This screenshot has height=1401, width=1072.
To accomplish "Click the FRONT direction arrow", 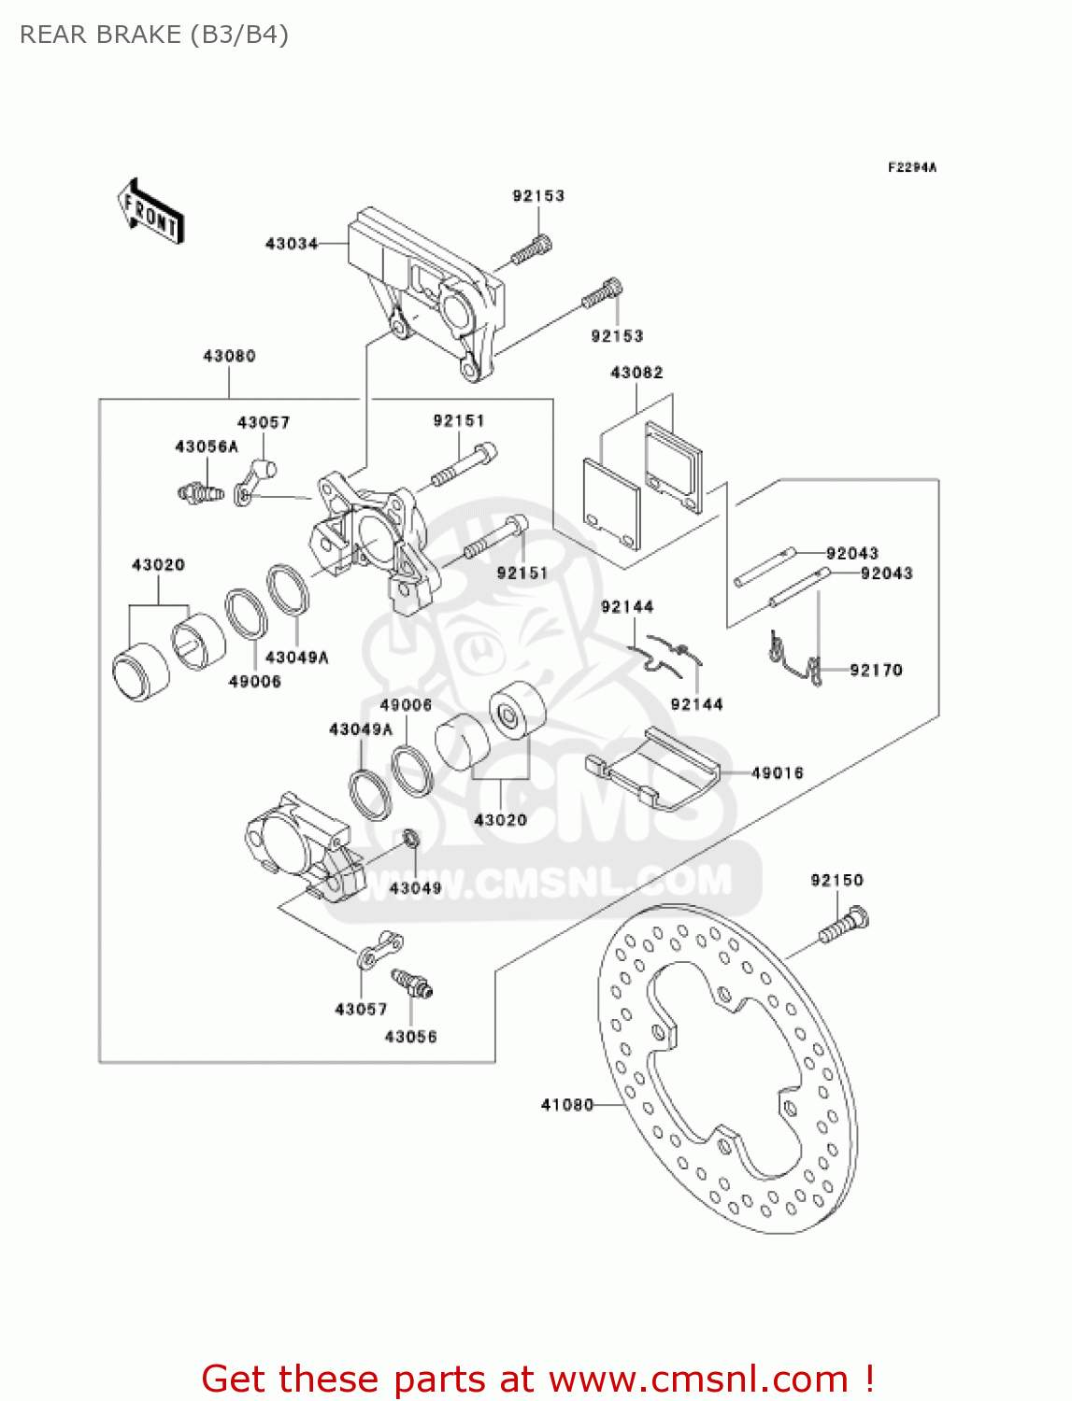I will (x=150, y=212).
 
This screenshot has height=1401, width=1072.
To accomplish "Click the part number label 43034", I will (x=292, y=244).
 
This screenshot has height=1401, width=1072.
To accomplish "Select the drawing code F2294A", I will (x=911, y=167).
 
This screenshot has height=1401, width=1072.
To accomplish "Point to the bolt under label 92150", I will (x=844, y=924).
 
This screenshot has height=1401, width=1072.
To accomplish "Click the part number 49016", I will (x=777, y=772).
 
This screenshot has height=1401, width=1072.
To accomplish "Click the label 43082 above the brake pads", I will (x=636, y=373).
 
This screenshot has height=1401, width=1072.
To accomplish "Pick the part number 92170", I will (x=876, y=670).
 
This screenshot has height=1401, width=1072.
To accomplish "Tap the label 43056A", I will (x=207, y=446).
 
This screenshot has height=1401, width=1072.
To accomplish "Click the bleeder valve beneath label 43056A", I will (x=201, y=490).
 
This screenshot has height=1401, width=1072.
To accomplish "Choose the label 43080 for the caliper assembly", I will (x=229, y=356).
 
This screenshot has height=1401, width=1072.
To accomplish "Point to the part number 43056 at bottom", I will (x=410, y=1037).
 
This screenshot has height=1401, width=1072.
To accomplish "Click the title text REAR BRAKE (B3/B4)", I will (x=154, y=35).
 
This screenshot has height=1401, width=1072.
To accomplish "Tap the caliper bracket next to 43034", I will (x=430, y=290).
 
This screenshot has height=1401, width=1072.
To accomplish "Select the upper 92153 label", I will (x=538, y=196).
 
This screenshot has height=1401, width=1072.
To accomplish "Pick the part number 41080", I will (x=566, y=1105).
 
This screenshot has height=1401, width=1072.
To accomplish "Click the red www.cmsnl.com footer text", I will (x=538, y=1379).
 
